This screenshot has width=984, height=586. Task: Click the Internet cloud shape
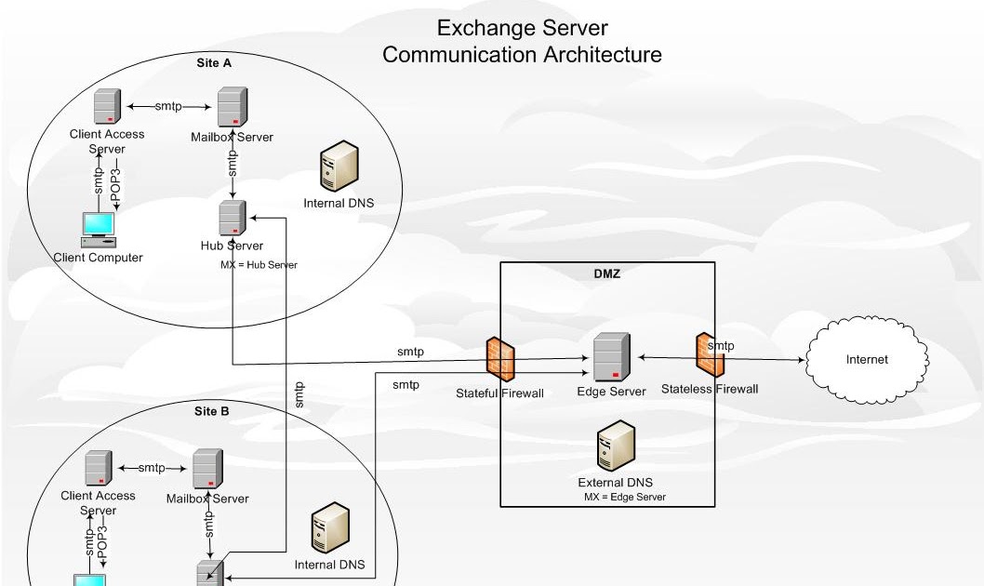pyautogui.click(x=866, y=359)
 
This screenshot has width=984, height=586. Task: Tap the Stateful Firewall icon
pyautogui.click(x=500, y=358)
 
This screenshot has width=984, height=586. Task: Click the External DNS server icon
pyautogui.click(x=616, y=446)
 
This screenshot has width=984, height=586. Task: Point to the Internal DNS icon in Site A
pyautogui.click(x=339, y=166)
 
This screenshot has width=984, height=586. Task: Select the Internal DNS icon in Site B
pyautogui.click(x=331, y=528)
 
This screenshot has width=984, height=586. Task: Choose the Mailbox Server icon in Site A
pyautogui.click(x=232, y=108)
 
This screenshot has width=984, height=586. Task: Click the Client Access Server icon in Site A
pyautogui.click(x=108, y=107)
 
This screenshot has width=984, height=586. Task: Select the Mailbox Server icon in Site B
pyautogui.click(x=207, y=469)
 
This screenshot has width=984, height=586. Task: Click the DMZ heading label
pyautogui.click(x=606, y=273)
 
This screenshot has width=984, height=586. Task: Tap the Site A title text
pyautogui.click(x=214, y=63)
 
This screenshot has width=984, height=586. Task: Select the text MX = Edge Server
pyautogui.click(x=624, y=498)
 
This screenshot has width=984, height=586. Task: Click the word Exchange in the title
pyautogui.click(x=477, y=28)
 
